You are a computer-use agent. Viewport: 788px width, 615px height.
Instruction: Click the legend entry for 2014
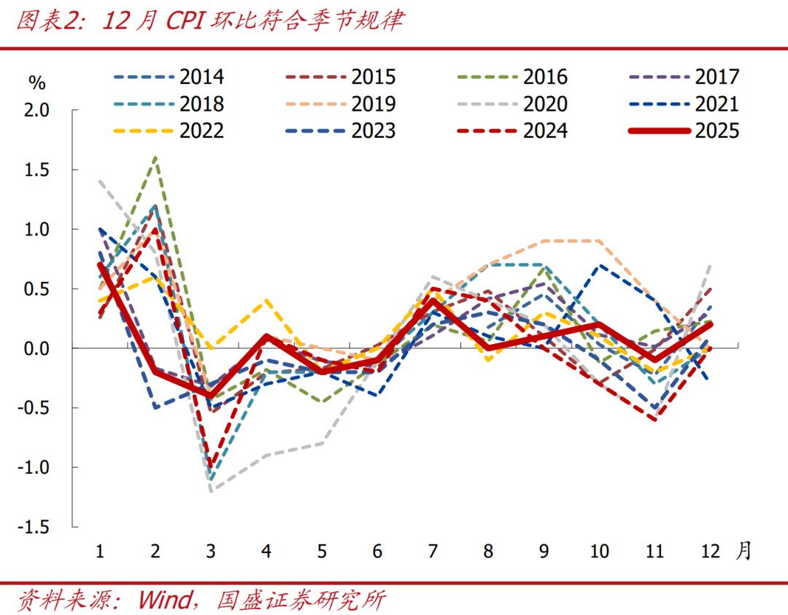point(202,77)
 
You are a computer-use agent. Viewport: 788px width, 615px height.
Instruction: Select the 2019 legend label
point(373,103)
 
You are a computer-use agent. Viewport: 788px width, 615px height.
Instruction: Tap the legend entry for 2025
point(717,130)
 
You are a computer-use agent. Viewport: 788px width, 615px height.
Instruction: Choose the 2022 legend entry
point(202,130)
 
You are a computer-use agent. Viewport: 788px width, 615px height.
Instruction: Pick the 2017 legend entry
point(717,77)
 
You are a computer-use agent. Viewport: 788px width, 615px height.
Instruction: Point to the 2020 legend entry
point(545,103)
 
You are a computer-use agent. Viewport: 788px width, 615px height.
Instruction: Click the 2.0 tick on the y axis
point(36,110)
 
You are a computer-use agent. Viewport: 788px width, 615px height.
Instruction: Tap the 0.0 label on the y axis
point(36,348)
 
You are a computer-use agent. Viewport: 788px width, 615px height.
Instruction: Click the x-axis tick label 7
point(433,551)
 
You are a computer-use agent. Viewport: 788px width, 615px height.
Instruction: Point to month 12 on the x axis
point(709,551)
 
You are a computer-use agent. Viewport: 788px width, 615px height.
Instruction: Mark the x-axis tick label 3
point(211,551)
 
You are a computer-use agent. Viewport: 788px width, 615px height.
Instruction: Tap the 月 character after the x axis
point(743,551)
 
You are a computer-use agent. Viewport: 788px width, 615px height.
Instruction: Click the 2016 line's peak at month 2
point(155,157)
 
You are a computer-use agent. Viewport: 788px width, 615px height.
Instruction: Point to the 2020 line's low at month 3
point(211,491)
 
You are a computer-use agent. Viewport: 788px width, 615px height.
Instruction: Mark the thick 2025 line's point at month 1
point(100,265)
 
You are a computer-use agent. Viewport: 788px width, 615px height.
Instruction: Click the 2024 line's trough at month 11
point(654,420)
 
